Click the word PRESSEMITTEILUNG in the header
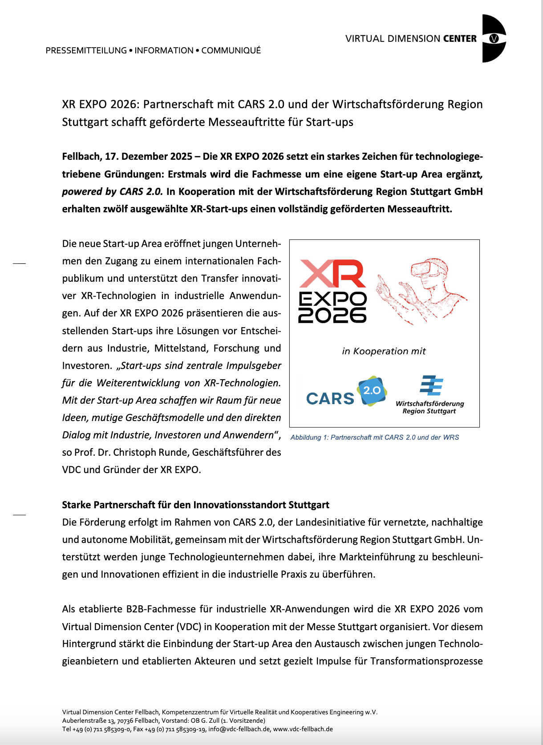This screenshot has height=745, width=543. pos(86,50)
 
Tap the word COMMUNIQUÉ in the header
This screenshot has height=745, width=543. pos(231,50)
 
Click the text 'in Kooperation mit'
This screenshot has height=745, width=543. pos(384,351)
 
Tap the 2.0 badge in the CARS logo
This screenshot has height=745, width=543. pos(372,390)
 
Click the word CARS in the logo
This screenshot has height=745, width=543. pos(330,398)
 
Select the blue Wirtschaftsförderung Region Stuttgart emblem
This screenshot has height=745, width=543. pos(431,385)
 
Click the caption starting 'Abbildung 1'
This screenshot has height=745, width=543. pos(374,437)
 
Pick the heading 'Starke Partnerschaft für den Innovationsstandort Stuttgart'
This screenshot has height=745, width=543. pos(195,505)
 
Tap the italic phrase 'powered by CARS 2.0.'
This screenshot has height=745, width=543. pos(112,192)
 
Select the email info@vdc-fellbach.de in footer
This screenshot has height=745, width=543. pos(239,729)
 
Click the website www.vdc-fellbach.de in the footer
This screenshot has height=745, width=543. pos(303,729)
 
